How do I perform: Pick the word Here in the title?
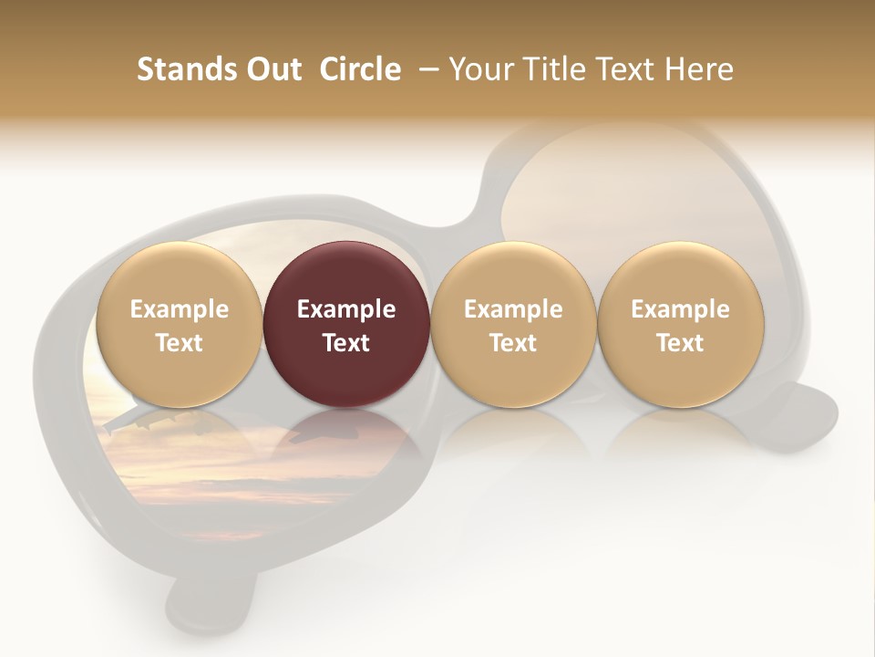(698, 69)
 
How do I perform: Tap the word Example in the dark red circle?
(346, 309)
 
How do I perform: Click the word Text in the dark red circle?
(346, 343)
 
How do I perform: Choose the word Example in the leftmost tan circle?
(180, 309)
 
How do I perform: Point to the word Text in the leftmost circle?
(180, 343)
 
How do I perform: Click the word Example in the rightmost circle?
(681, 309)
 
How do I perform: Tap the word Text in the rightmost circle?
(681, 343)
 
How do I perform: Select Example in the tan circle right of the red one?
(513, 309)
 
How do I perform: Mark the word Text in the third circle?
(513, 343)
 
